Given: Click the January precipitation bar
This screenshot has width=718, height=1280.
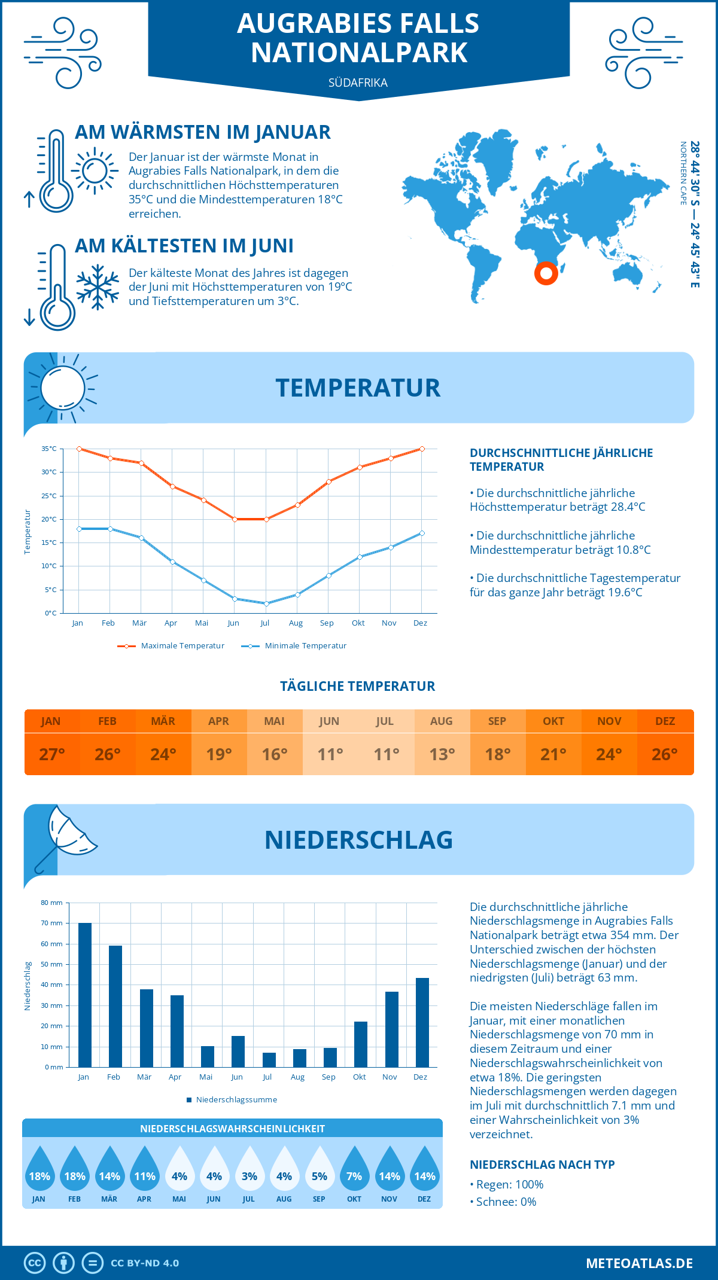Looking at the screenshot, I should [x=85, y=995].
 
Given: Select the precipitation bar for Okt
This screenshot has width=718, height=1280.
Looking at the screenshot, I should [x=361, y=1044].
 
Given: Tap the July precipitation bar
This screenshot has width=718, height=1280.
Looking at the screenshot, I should [x=269, y=1060].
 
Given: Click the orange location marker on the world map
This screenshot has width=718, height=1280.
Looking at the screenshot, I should [x=546, y=273].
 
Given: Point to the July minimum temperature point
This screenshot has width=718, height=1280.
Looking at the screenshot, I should [x=266, y=604].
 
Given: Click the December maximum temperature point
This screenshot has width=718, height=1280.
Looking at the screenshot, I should [x=422, y=449].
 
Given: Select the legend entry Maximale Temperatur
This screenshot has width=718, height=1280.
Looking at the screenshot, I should [x=171, y=646].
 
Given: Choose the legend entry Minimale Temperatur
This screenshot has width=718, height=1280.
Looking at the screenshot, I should [x=294, y=646].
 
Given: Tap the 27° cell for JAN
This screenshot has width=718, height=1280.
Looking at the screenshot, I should [x=51, y=754].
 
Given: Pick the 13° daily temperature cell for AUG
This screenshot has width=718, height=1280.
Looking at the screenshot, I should [x=442, y=754].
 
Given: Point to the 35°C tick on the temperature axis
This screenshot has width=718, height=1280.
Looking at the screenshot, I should [x=49, y=449].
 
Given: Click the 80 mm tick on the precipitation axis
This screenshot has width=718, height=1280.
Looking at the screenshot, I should [x=52, y=903].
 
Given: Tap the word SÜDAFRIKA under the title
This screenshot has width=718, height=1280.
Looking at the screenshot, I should [x=358, y=83].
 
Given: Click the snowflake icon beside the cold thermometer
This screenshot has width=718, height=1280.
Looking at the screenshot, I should [x=98, y=287].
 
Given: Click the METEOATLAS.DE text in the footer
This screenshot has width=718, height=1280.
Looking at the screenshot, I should [x=639, y=1263].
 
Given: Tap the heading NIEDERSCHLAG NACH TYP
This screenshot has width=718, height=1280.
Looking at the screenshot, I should [x=542, y=1165].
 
